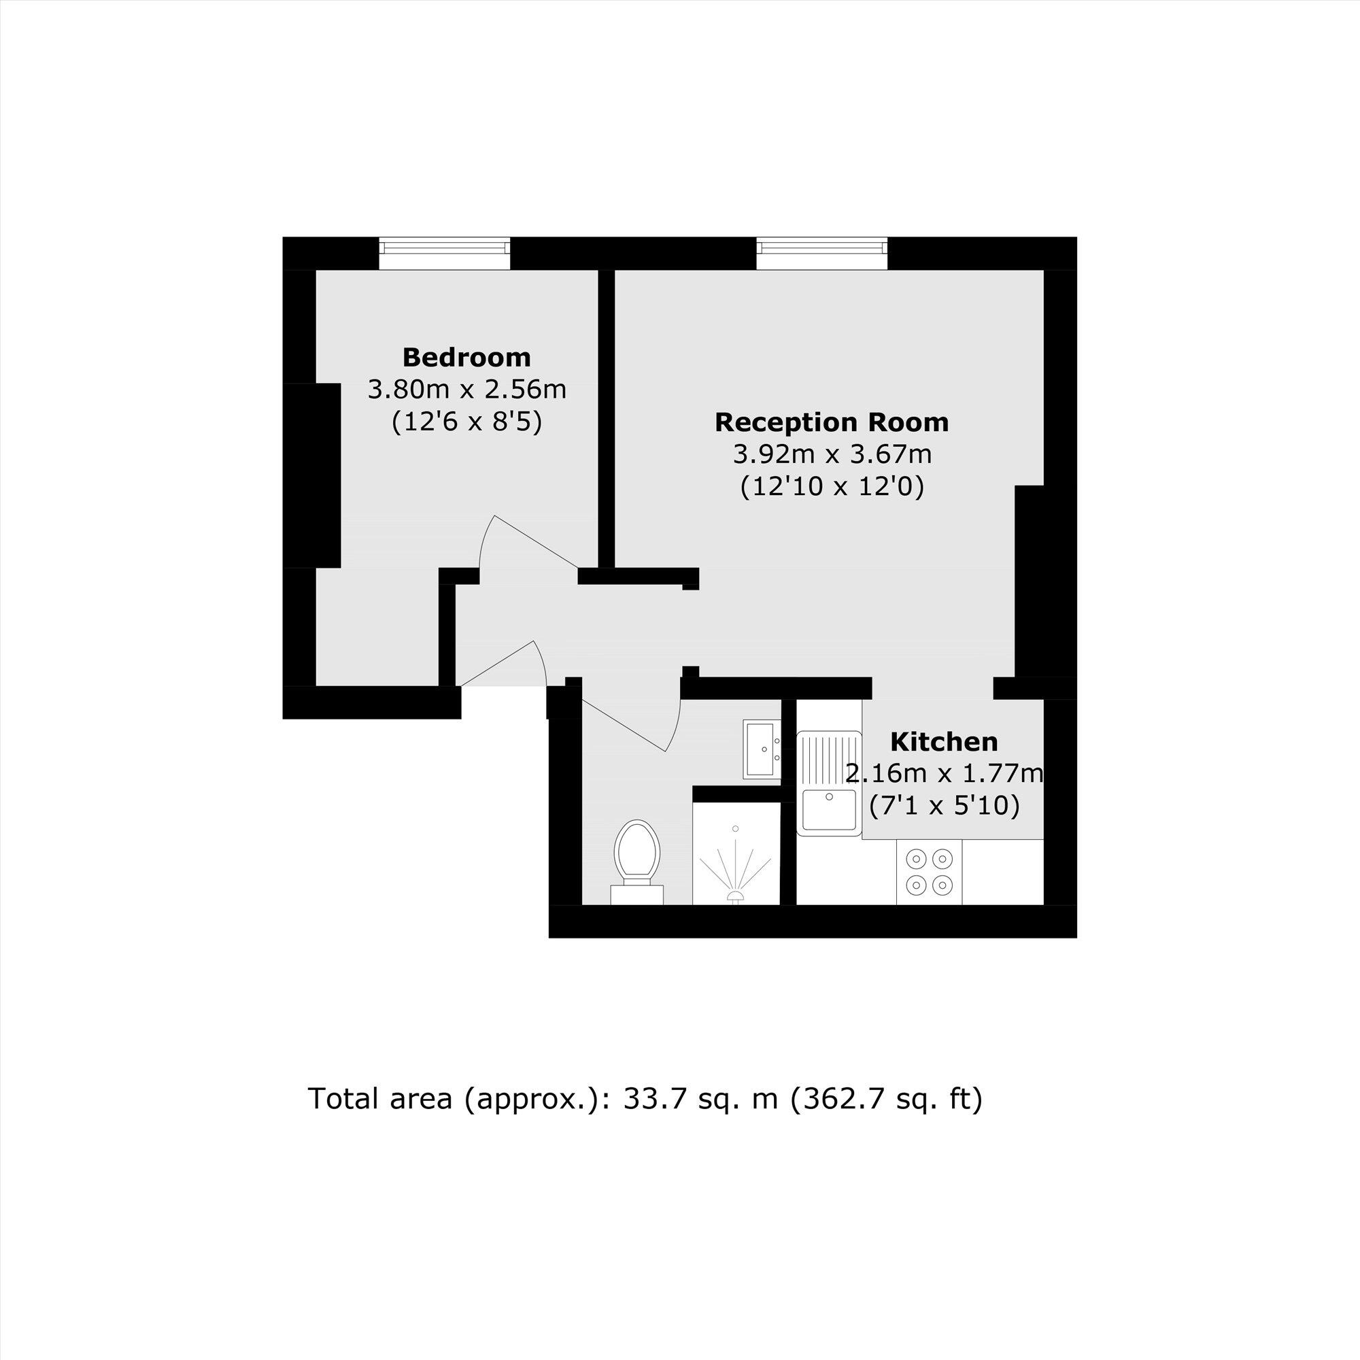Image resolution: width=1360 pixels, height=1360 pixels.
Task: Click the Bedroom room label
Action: pyautogui.click(x=466, y=358)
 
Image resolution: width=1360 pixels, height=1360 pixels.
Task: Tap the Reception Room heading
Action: pyautogui.click(x=832, y=422)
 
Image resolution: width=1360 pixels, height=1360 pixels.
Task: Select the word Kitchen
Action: pyautogui.click(x=944, y=742)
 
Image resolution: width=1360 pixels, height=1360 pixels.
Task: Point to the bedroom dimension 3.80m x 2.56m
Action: pyautogui.click(x=466, y=389)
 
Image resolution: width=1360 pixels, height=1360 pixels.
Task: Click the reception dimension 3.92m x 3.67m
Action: pyautogui.click(x=832, y=454)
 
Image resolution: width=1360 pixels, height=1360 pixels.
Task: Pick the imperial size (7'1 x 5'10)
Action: pyautogui.click(x=944, y=806)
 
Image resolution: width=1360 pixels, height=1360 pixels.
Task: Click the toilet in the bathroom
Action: pyautogui.click(x=637, y=862)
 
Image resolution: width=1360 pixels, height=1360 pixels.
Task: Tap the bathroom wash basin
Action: pyautogui.click(x=762, y=749)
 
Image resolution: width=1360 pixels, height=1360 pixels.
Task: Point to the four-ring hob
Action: pyautogui.click(x=929, y=872)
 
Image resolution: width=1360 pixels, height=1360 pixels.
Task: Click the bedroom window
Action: pyautogui.click(x=444, y=253)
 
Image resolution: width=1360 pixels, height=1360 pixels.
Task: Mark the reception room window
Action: pyautogui.click(x=822, y=253)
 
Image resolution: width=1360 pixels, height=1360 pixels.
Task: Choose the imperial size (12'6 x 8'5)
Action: pyautogui.click(x=466, y=422)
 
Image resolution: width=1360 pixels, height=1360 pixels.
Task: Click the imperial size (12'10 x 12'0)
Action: pyautogui.click(x=832, y=487)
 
